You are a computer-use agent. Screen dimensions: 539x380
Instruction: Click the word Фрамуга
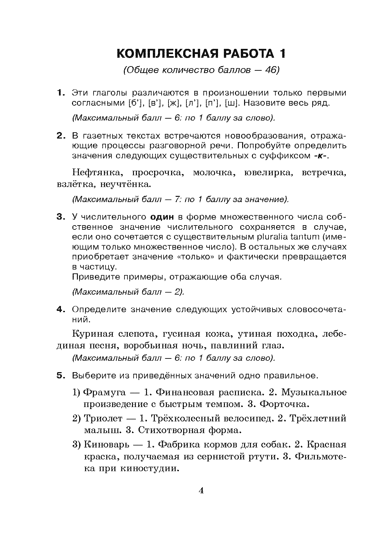coord(103,392)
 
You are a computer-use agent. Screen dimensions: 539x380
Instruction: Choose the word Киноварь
coord(106,444)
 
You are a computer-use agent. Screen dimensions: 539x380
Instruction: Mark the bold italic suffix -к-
coord(321,156)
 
